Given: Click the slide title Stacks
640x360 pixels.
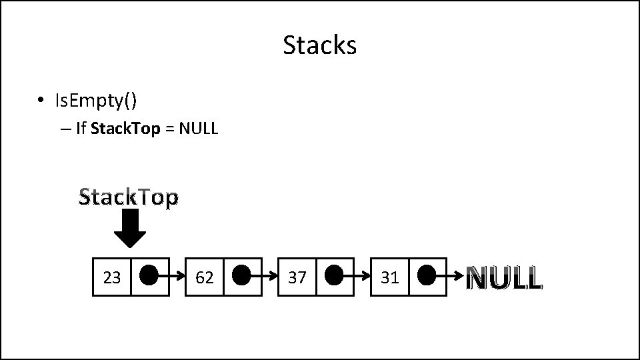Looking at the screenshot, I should click(320, 45).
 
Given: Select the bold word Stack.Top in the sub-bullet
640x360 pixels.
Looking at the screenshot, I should click(125, 129).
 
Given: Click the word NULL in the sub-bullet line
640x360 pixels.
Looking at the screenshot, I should click(199, 129).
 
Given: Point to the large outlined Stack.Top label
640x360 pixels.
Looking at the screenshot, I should click(129, 197).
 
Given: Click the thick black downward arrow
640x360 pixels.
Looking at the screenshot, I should click(130, 229).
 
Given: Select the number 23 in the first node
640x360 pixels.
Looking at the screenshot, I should click(112, 277).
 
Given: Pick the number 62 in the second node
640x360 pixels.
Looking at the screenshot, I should click(205, 277).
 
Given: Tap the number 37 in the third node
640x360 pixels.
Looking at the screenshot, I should click(297, 277).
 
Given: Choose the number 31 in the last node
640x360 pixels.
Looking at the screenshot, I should click(389, 277).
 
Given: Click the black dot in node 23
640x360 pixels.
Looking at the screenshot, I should click(150, 275).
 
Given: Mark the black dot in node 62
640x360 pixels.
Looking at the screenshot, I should click(243, 275).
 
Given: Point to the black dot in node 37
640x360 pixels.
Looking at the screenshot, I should click(335, 275).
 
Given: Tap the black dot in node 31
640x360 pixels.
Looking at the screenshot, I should click(428, 275).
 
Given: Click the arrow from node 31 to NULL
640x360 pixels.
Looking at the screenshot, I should click(452, 275).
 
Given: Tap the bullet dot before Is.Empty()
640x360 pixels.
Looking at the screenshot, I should click(41, 101).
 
